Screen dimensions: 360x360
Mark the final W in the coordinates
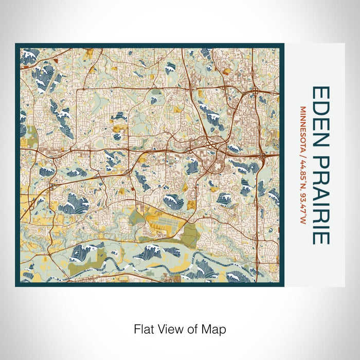(303, 223)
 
